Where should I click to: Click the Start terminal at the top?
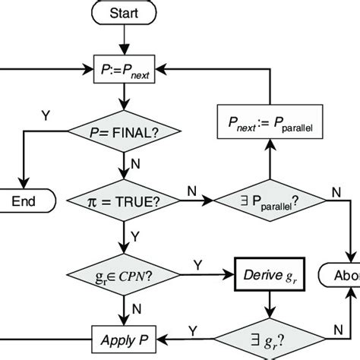(124, 13)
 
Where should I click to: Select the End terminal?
(28, 201)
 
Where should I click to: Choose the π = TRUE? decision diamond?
(124, 201)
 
